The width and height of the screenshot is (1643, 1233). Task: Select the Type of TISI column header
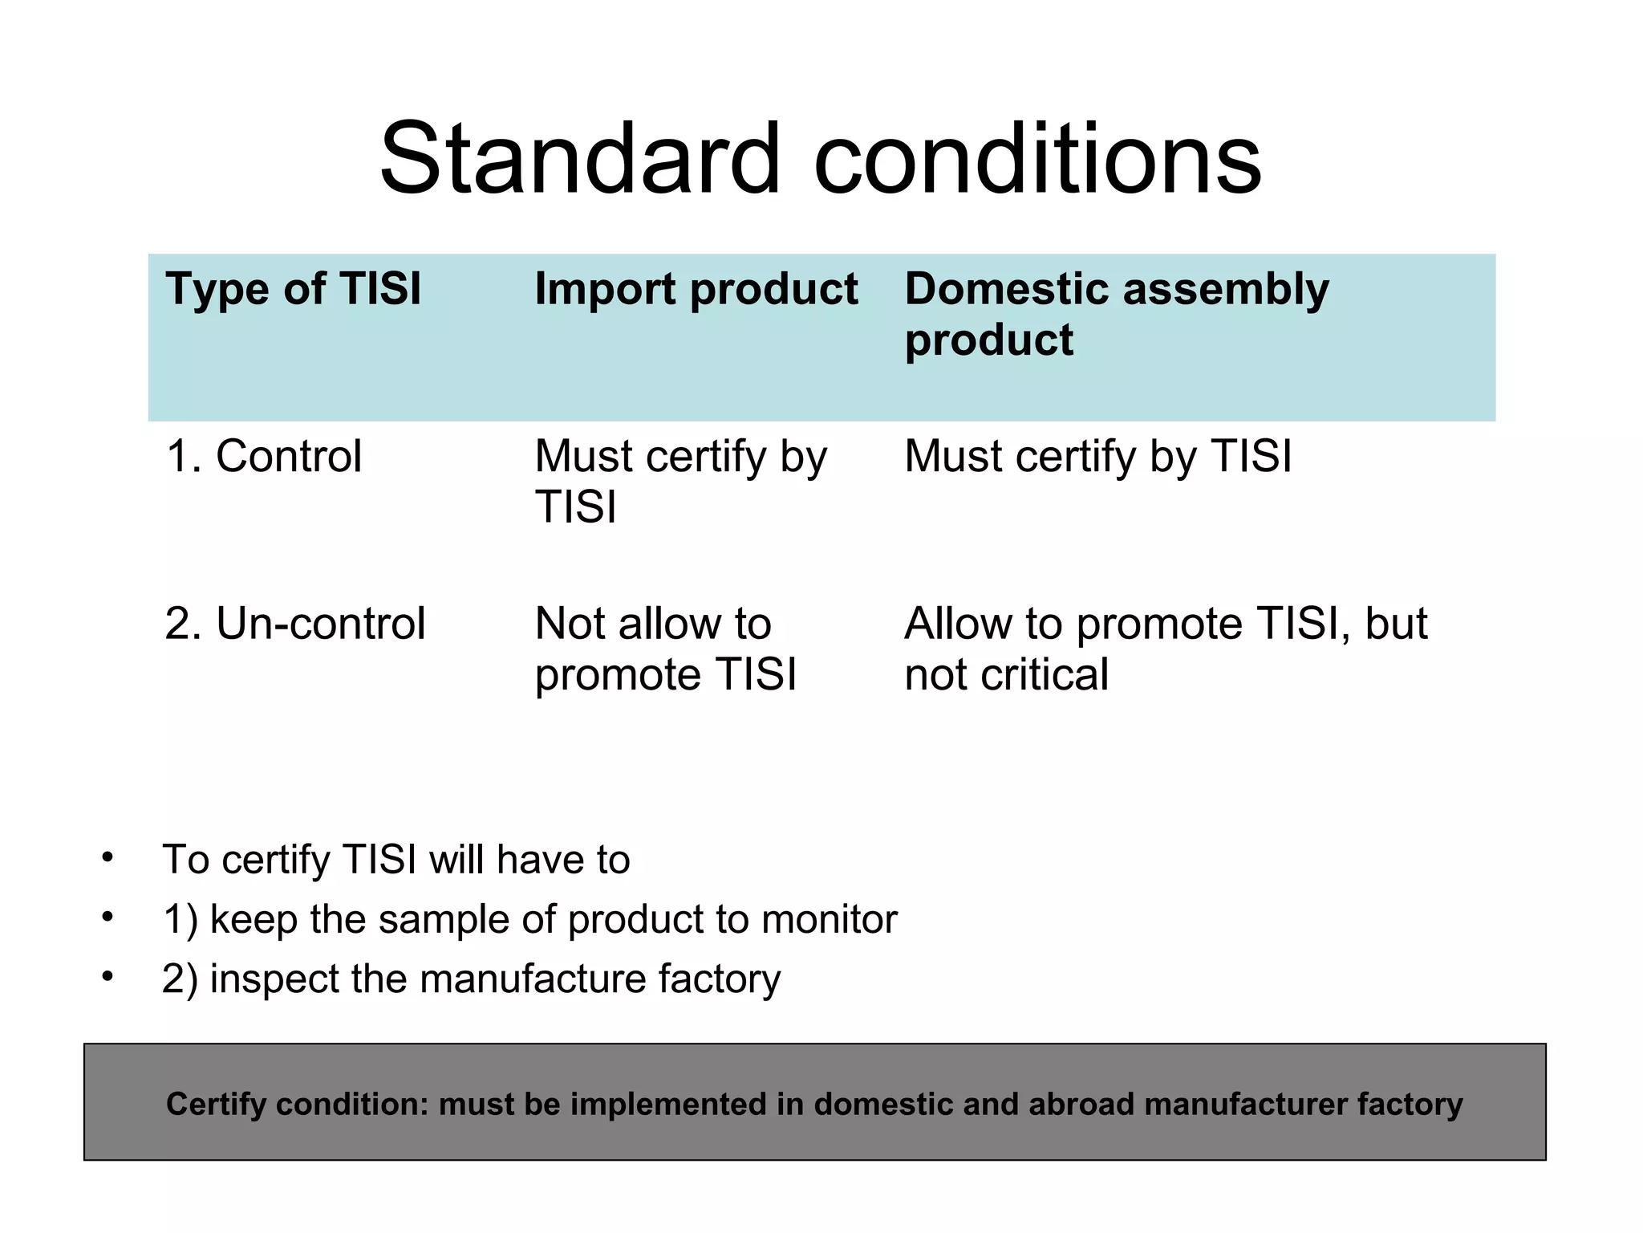point(293,289)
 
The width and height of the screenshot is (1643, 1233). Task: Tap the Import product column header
point(696,289)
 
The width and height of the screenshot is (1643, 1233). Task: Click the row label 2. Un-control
point(294,624)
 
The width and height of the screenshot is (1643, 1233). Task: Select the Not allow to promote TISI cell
point(665,649)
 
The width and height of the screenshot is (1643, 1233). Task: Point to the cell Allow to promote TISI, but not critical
point(1165,649)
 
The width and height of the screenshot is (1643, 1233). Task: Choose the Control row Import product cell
point(680,482)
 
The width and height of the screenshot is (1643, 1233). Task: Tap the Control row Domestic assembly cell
point(1097,457)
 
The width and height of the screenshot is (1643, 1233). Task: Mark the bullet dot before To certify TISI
point(108,857)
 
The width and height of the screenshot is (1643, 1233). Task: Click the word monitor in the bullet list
point(829,920)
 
